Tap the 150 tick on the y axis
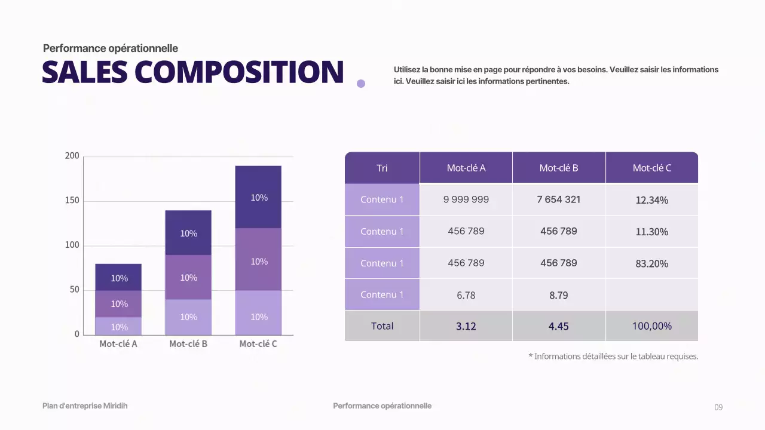tap(72, 201)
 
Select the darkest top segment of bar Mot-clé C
tap(258, 197)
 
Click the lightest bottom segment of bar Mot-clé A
tap(118, 326)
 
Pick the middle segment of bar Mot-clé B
tap(188, 277)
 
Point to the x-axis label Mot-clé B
tap(188, 344)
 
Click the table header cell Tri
tap(382, 168)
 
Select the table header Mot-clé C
tap(651, 168)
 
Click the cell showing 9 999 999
tap(466, 199)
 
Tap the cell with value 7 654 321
tap(558, 199)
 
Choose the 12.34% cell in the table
tap(651, 200)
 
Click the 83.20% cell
tap(651, 263)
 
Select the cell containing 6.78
tap(466, 295)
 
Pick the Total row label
tap(382, 326)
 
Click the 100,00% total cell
tap(651, 326)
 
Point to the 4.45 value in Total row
tap(558, 326)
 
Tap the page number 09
tap(718, 407)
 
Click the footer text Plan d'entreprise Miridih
tap(85, 406)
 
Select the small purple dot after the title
tap(361, 84)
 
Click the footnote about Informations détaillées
tap(613, 357)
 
